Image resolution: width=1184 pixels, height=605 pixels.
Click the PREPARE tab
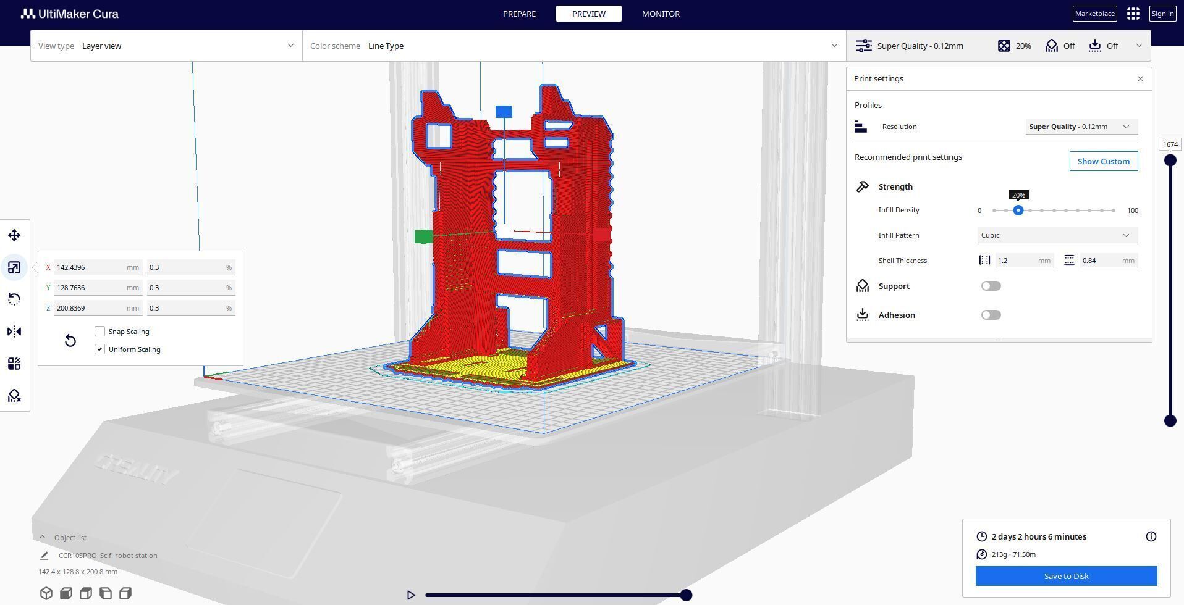tap(519, 14)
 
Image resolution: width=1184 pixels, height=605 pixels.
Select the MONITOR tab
tap(661, 14)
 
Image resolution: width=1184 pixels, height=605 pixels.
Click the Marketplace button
tap(1094, 14)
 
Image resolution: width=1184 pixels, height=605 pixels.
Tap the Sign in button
tap(1162, 14)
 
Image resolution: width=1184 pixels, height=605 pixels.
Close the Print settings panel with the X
tap(1140, 79)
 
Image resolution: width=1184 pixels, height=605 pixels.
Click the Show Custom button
tap(1103, 161)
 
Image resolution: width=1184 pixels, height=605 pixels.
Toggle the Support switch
tap(991, 286)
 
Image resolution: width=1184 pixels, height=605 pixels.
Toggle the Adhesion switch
tap(991, 315)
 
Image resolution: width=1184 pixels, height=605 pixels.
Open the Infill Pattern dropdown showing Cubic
tap(1057, 235)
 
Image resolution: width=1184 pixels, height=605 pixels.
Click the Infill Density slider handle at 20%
tap(1018, 211)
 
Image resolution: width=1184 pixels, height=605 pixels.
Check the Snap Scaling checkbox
tap(100, 332)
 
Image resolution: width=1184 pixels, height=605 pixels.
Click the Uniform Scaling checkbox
tap(100, 349)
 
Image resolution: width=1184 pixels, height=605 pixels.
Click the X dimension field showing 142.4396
tap(90, 267)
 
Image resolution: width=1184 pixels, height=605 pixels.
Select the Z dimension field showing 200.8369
tap(90, 308)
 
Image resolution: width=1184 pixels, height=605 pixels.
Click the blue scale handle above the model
tap(504, 112)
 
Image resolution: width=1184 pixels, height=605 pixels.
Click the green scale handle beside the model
tap(423, 236)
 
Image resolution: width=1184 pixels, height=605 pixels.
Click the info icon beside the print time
tap(1151, 536)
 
